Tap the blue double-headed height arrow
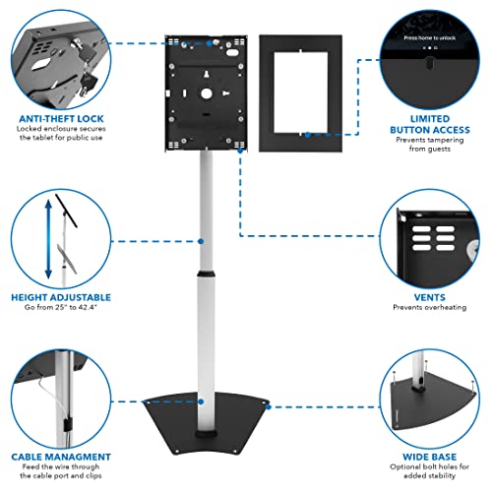coord(43,236)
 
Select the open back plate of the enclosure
coord(201,93)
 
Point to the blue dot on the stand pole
coord(202,240)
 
